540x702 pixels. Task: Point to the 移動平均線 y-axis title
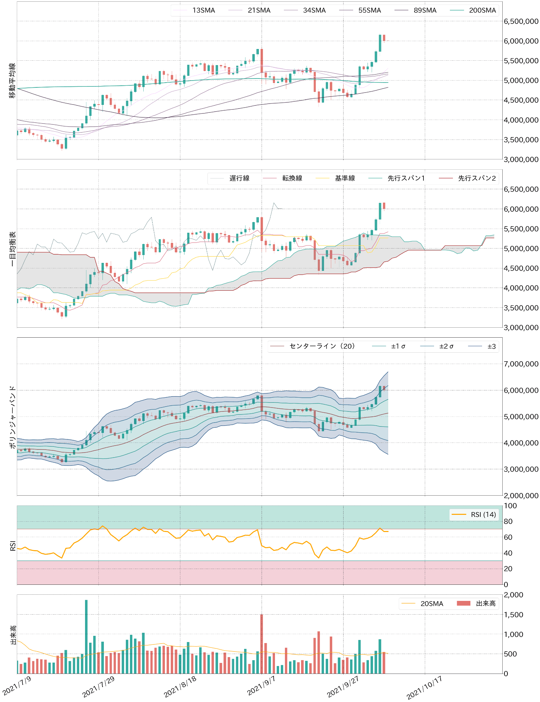pos(12,81)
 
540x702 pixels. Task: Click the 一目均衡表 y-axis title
pos(12,249)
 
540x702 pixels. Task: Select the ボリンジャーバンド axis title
pos(12,417)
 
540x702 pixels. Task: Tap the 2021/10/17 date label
pos(424,687)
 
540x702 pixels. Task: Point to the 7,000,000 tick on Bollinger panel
pos(521,364)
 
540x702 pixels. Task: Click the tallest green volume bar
pos(86,638)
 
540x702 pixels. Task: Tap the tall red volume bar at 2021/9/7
pos(262,644)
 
